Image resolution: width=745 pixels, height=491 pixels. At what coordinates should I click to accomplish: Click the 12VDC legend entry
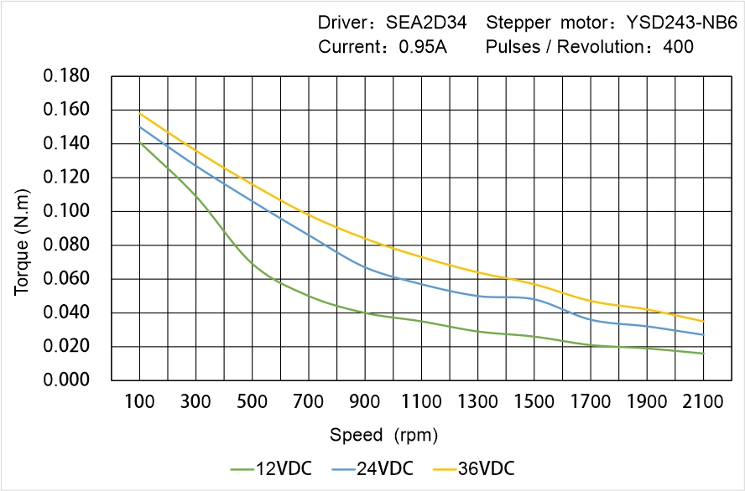pos(272,468)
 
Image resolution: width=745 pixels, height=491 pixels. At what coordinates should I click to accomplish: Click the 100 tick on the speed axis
pos(139,402)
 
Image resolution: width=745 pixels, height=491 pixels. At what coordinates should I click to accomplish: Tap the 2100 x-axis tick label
pos(703,402)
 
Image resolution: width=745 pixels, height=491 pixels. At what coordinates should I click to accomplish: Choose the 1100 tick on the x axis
pos(421,402)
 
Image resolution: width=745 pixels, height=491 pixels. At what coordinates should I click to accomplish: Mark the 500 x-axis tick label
pos(253,402)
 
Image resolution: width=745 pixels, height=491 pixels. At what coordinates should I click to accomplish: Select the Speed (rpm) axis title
pos(383,435)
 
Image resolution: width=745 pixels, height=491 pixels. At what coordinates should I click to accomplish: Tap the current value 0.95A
pos(423,47)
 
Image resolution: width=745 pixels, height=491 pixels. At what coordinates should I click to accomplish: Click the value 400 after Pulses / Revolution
pos(678,47)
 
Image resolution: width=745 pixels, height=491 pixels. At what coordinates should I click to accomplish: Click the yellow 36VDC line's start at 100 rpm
pos(139,113)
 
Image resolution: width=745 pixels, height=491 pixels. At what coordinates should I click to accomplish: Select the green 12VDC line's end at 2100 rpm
pos(703,354)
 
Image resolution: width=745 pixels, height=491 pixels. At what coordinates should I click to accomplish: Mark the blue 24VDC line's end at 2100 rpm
pos(703,334)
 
